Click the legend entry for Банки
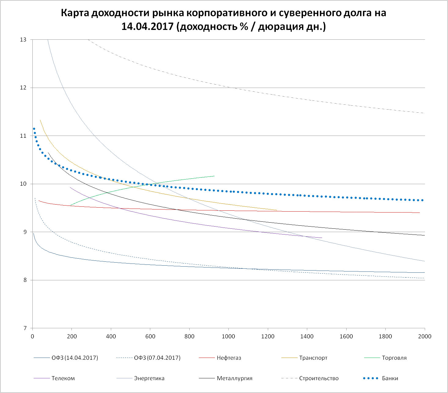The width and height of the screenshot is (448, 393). click(390, 378)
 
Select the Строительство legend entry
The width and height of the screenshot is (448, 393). click(319, 378)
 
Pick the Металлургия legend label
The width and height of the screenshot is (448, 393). click(235, 378)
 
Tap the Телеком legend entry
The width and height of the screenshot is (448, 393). click(63, 378)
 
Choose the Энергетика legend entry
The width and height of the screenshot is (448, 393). click(149, 378)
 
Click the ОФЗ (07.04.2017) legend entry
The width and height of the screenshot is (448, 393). click(157, 358)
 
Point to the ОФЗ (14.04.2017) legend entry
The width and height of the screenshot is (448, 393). click(75, 358)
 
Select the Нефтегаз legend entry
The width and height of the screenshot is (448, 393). click(229, 358)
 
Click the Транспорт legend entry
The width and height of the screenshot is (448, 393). click(313, 358)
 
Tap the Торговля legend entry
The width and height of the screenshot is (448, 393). click(394, 358)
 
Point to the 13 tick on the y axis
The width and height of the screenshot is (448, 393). click(23, 40)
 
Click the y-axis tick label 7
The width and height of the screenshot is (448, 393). click(25, 328)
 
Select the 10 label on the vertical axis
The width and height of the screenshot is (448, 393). click(23, 184)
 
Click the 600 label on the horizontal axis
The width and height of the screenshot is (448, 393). click(150, 337)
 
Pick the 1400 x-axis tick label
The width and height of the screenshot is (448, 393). click(307, 337)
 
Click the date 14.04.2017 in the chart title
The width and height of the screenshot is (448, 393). click(148, 27)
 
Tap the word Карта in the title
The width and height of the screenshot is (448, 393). click(75, 13)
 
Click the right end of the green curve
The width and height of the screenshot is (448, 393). click(214, 176)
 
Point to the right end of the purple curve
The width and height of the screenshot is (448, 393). click(322, 238)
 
